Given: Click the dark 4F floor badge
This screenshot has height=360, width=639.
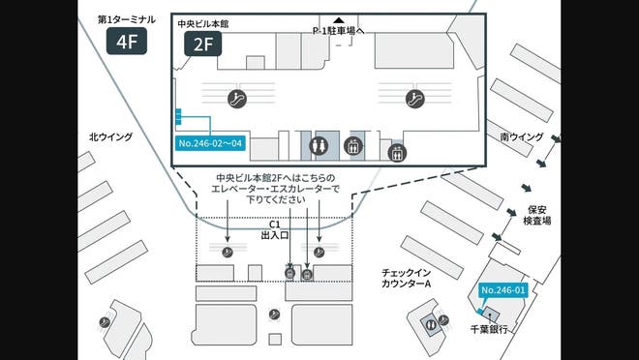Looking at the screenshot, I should (x=126, y=41).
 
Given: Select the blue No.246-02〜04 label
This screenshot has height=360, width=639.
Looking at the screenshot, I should (x=209, y=143).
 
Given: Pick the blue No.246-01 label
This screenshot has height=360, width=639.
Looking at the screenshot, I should (x=502, y=289).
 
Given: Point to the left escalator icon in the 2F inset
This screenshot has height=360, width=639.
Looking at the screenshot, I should (x=234, y=98).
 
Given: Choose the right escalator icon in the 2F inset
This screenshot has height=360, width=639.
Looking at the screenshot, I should (x=416, y=98).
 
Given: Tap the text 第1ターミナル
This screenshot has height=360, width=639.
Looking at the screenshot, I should (x=126, y=19).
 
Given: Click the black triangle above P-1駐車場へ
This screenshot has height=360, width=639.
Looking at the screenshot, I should (x=338, y=20).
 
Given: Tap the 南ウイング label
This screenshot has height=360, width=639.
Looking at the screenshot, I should (x=523, y=137).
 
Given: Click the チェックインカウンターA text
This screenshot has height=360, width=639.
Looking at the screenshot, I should (x=404, y=277).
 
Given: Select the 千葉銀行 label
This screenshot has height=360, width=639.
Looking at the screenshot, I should (x=489, y=329).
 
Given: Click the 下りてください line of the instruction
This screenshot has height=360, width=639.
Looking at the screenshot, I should (x=275, y=199).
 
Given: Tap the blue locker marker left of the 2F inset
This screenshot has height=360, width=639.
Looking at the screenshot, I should (x=178, y=118).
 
